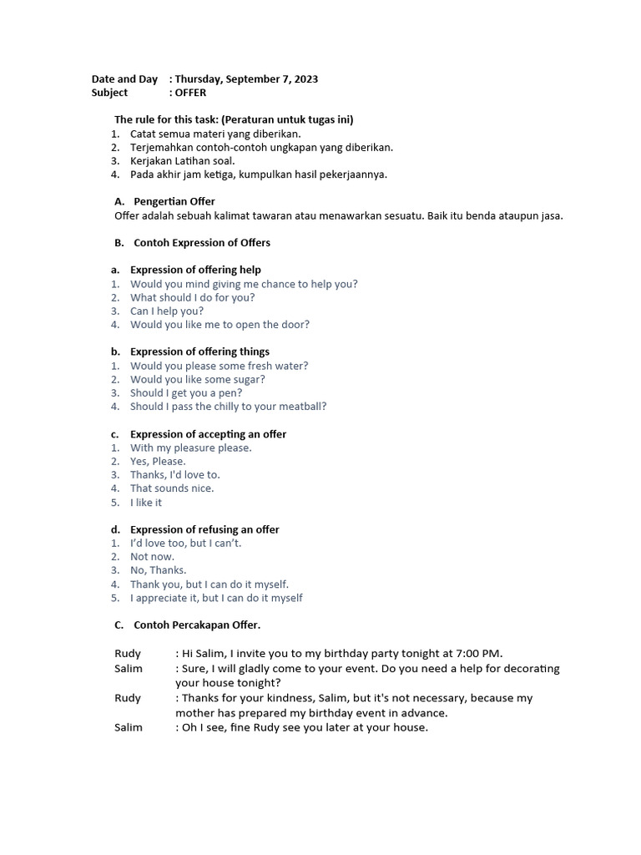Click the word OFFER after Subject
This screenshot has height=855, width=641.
(x=190, y=93)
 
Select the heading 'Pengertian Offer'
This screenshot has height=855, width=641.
(x=174, y=201)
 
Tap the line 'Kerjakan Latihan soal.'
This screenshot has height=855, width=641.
(x=183, y=160)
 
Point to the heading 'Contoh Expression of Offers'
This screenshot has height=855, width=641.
(x=201, y=243)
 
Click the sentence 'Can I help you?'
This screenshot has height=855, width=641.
(x=167, y=311)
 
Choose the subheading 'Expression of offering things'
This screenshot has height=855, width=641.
(x=199, y=352)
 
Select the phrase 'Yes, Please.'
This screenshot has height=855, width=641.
(x=158, y=461)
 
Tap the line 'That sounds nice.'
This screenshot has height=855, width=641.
(x=172, y=488)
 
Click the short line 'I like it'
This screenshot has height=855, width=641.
(x=146, y=503)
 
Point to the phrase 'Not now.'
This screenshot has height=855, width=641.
(x=152, y=557)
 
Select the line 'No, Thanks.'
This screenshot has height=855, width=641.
(x=159, y=570)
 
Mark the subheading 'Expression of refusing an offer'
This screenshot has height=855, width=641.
(x=204, y=529)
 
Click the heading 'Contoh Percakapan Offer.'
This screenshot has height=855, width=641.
(x=197, y=625)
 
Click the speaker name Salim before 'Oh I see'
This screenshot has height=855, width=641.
(x=129, y=727)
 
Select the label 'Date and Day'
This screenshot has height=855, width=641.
(x=124, y=79)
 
